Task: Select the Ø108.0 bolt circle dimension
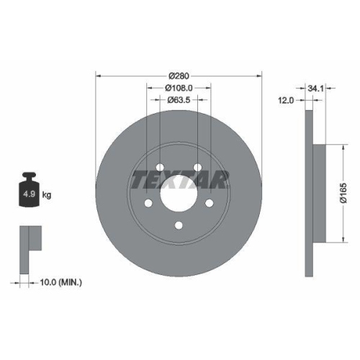(x=179, y=88)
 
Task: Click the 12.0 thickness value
(x=287, y=101)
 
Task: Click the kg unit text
(x=47, y=195)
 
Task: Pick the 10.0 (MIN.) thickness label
(x=60, y=282)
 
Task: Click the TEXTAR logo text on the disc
(x=179, y=179)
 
